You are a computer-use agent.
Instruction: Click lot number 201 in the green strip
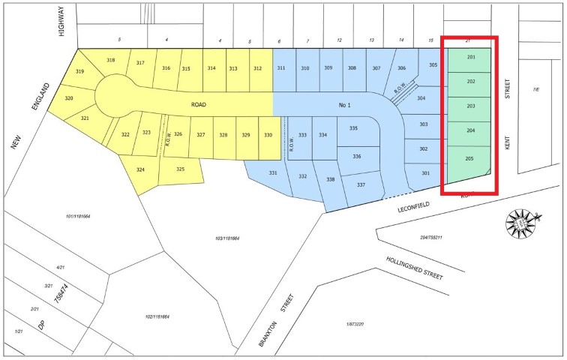click(471, 57)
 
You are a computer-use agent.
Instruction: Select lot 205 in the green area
click(470, 159)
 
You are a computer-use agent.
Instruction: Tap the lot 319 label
click(80, 72)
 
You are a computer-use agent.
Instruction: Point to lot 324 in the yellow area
click(140, 169)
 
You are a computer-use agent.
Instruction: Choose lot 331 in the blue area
click(273, 173)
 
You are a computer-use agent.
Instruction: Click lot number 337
click(361, 185)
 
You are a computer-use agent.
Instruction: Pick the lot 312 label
click(257, 68)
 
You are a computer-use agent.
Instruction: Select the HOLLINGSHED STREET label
click(404, 267)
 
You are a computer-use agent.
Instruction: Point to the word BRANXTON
click(278, 322)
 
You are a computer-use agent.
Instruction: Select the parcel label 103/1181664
click(226, 238)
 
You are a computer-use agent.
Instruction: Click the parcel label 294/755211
click(430, 237)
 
